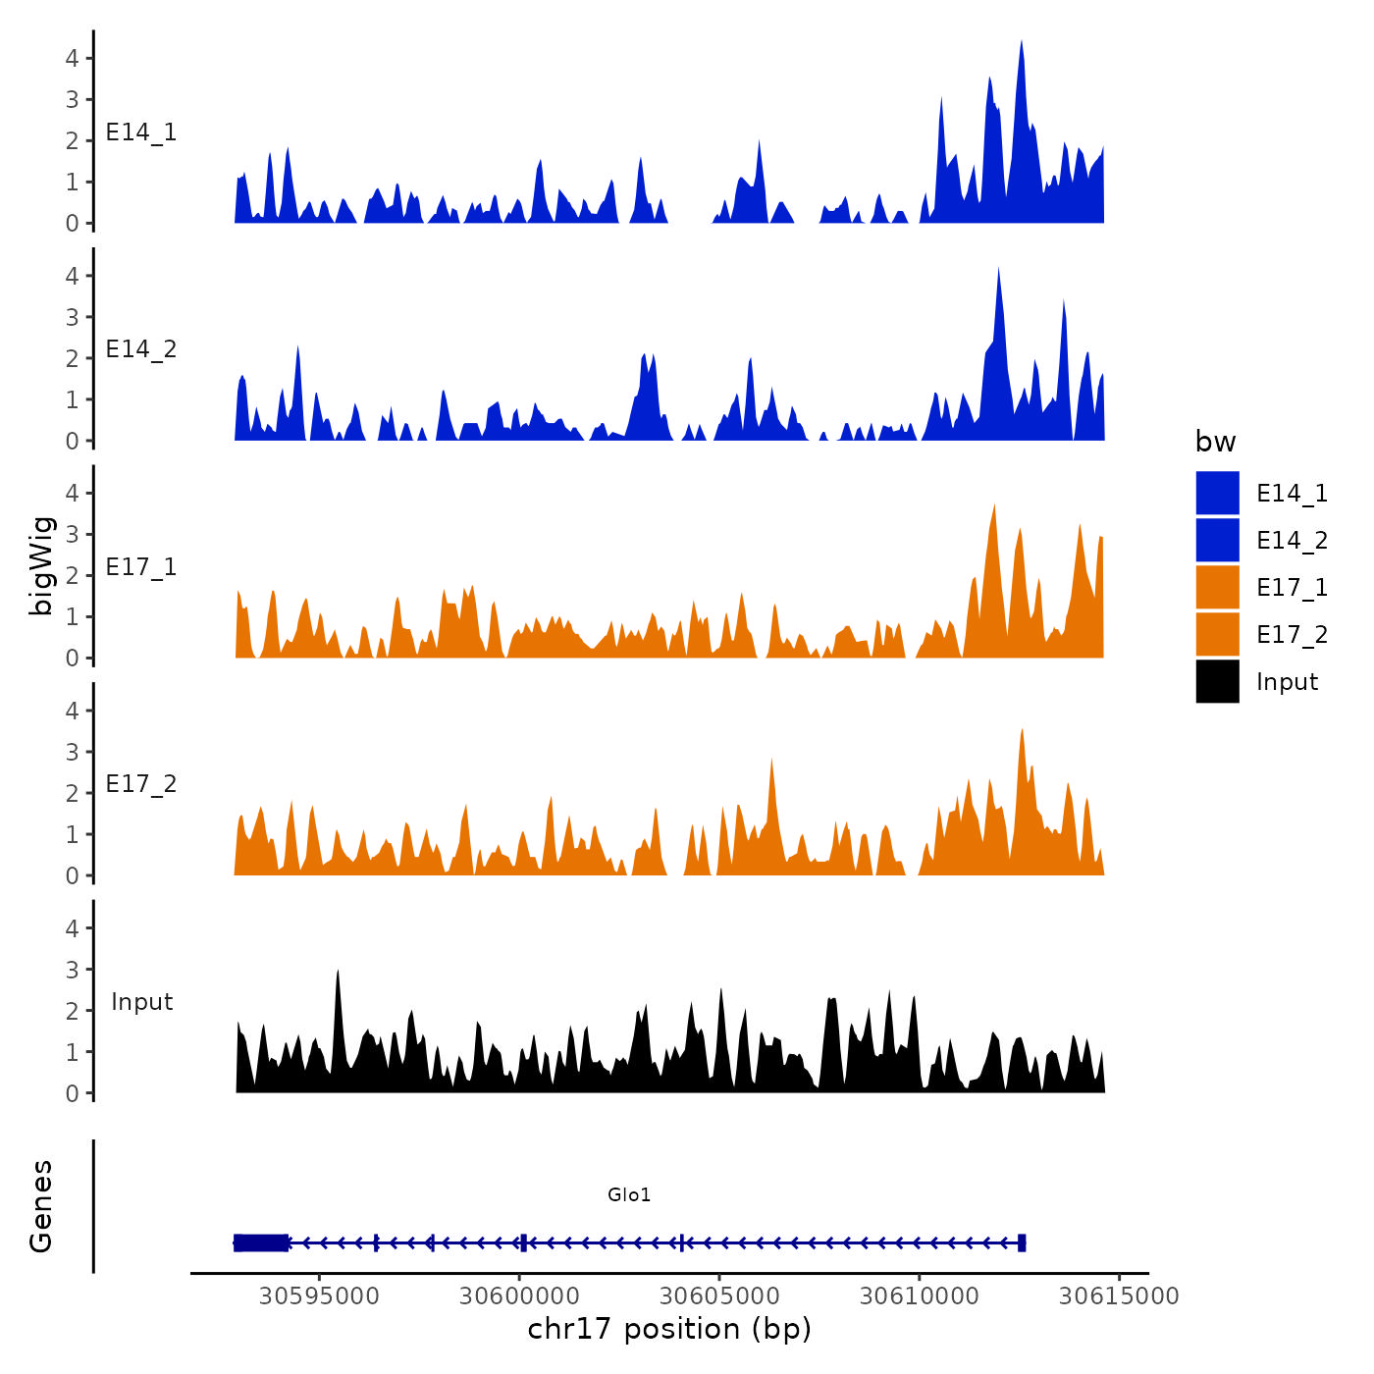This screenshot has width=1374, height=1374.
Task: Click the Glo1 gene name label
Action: tap(629, 1194)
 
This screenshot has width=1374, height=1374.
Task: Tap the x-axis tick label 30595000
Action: tap(319, 1295)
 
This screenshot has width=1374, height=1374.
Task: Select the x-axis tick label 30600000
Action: tap(519, 1295)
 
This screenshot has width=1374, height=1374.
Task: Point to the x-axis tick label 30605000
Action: tap(719, 1295)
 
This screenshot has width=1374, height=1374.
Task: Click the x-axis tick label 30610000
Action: tap(920, 1295)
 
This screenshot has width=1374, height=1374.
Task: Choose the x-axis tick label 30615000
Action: tap(1119, 1295)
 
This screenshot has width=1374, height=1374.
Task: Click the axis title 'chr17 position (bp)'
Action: tap(669, 1329)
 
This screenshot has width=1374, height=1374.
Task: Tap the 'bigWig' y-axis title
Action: tap(41, 566)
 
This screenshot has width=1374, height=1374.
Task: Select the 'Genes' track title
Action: tap(41, 1206)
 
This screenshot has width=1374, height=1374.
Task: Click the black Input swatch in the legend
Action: tap(1217, 681)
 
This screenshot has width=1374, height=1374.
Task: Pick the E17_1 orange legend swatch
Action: tap(1217, 587)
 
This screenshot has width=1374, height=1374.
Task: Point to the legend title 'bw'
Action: tap(1215, 442)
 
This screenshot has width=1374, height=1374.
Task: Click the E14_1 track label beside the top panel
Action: tap(141, 132)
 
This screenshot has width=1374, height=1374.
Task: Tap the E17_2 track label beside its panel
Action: tap(141, 784)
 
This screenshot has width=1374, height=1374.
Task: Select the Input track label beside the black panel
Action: tap(141, 1002)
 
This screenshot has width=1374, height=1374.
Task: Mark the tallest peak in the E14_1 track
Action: tap(1022, 44)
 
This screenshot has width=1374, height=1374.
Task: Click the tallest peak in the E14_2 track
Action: tap(998, 270)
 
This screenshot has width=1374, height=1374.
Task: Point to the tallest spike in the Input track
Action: tap(338, 973)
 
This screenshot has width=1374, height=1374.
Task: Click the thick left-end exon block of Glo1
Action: tap(261, 1242)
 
